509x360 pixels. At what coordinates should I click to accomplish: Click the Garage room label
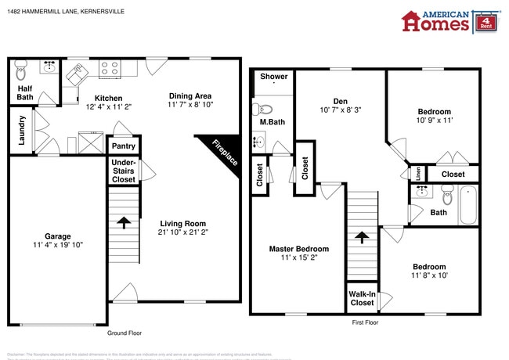58,236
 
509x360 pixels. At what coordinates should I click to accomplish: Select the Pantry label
124,146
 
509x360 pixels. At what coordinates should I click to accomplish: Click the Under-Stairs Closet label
123,172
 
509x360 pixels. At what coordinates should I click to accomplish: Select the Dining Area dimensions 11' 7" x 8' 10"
190,104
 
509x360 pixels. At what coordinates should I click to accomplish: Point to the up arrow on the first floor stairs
361,236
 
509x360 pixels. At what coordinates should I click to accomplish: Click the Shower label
273,77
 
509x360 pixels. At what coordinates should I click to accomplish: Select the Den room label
340,101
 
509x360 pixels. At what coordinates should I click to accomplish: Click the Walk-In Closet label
361,298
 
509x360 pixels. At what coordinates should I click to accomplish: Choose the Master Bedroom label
298,249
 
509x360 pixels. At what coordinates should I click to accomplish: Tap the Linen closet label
418,174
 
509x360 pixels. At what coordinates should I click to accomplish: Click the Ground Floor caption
125,333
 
